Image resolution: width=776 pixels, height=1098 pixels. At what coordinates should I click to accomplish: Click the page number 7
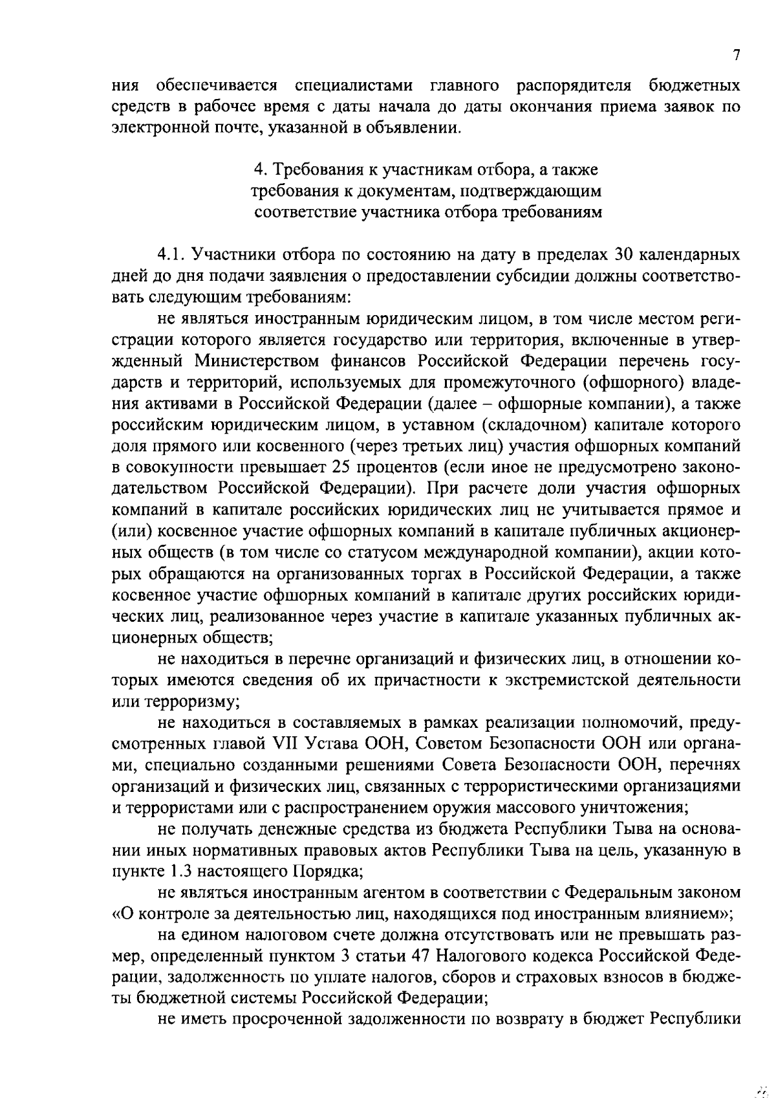pos(736,55)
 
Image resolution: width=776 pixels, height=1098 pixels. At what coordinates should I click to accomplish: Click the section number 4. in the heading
pos(260,170)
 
